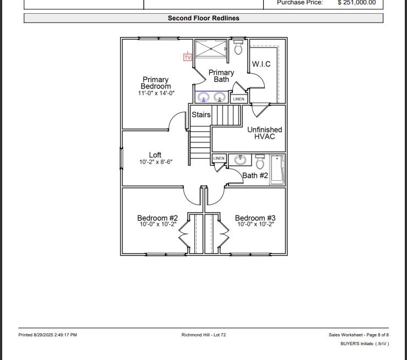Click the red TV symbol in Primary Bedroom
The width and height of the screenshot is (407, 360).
pos(187,57)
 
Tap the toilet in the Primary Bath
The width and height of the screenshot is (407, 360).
pos(238,48)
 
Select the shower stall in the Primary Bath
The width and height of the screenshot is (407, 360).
pos(210,48)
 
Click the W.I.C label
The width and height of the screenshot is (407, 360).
pos(261,64)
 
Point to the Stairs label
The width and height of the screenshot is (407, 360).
pos(201,115)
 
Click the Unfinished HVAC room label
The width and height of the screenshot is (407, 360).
pos(264,133)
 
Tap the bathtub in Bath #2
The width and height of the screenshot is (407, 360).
pos(277,169)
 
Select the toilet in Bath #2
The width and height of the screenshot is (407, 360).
pos(260,163)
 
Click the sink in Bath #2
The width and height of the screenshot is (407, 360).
pos(240,160)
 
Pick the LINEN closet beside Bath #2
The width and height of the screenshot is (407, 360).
pos(219,158)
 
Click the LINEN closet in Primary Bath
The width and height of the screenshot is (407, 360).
pos(238,99)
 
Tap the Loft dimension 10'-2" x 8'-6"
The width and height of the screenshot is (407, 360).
pos(156,162)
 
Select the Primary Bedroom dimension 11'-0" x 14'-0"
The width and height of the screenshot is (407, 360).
pos(156,93)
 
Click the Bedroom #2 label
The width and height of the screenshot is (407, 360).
pos(157,218)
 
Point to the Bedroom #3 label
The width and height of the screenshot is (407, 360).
pos(255,218)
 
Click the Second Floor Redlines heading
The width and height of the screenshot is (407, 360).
pos(203,18)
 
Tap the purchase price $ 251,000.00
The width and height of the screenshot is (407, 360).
pos(356,3)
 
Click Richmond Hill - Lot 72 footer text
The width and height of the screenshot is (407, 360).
pos(203,335)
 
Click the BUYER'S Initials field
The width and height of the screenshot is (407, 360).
pos(364,344)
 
